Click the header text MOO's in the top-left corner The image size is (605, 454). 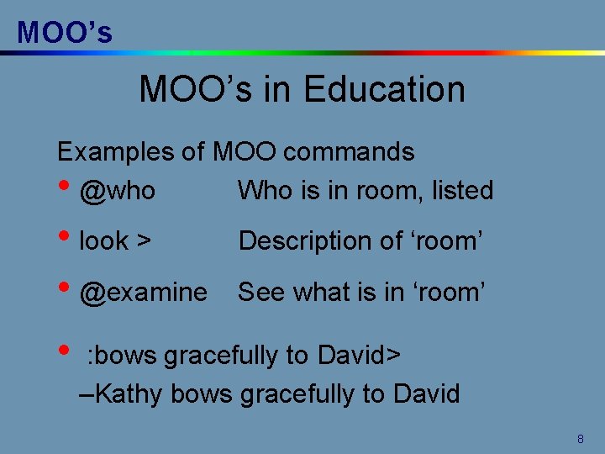[65, 32]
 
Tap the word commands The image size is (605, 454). [349, 152]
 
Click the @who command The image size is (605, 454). [117, 191]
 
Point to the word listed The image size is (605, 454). [462, 191]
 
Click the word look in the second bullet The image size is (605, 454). [103, 241]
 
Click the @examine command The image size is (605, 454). [143, 293]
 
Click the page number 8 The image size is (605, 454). [580, 439]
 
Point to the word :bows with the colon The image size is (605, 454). [123, 356]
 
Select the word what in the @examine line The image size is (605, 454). [323, 292]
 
